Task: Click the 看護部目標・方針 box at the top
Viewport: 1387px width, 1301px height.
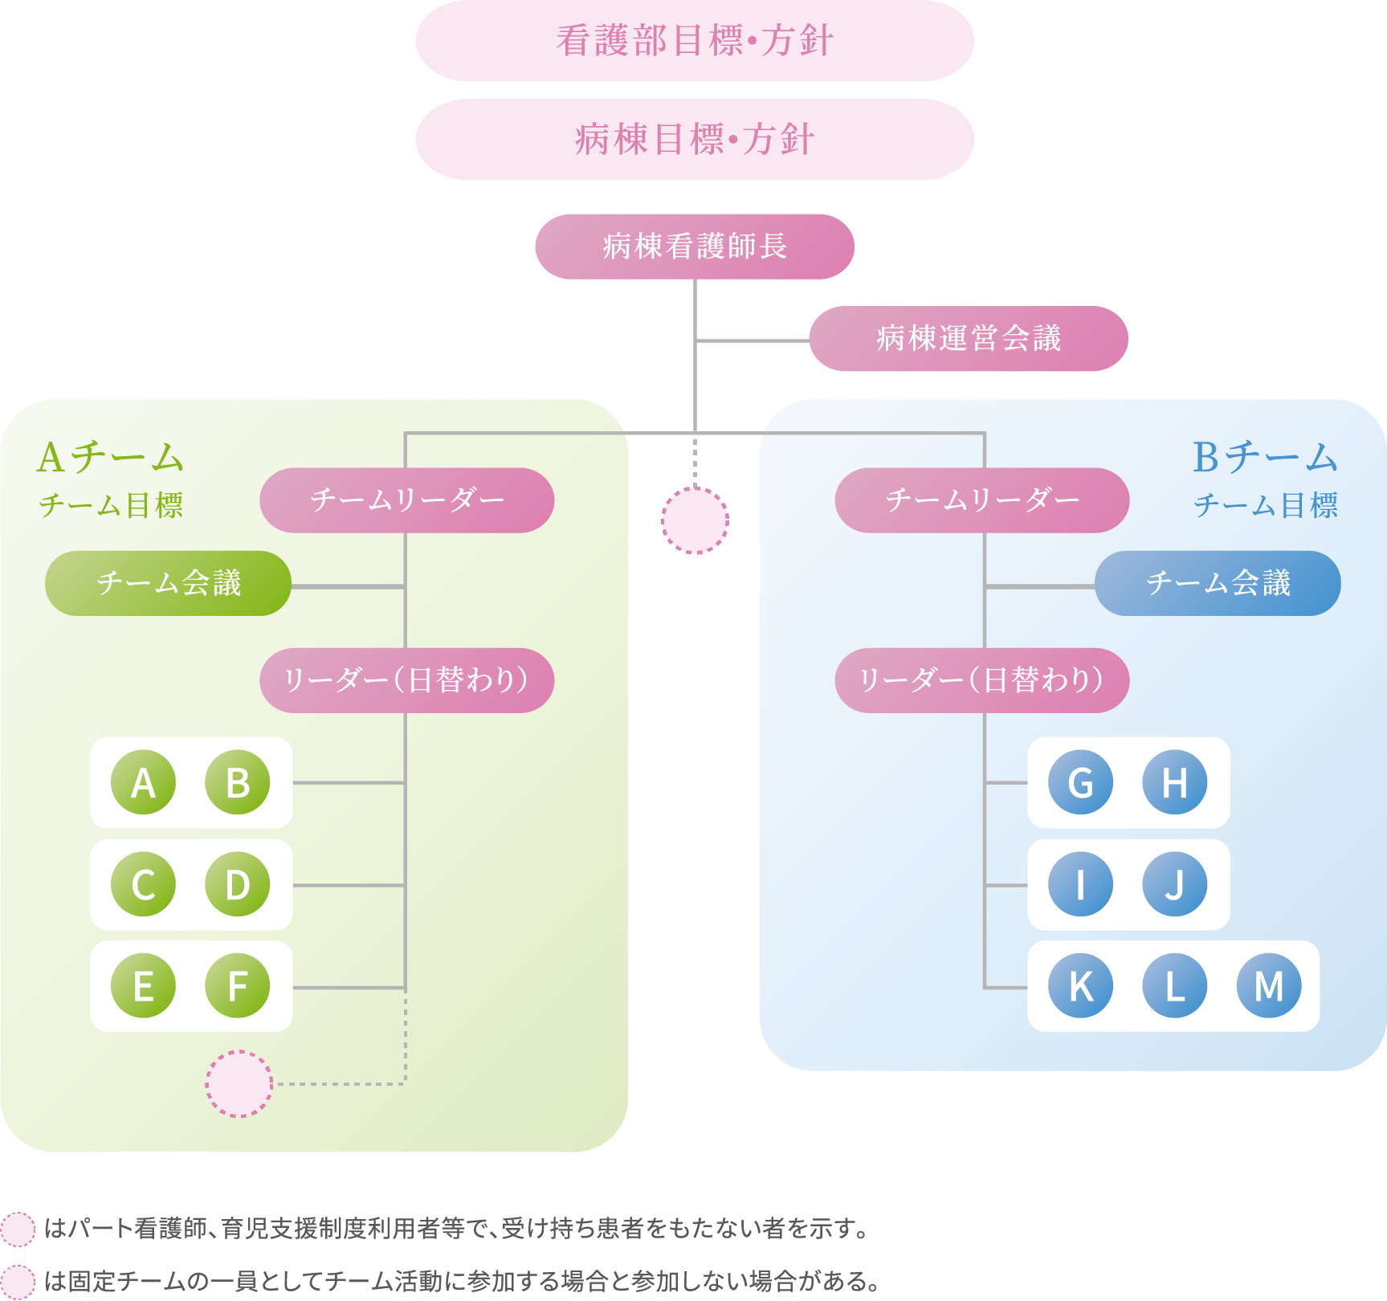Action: [695, 41]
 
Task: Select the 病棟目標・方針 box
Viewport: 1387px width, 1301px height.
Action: [695, 140]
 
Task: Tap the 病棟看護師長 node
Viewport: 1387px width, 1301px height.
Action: [695, 247]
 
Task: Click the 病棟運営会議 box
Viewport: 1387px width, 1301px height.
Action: [969, 339]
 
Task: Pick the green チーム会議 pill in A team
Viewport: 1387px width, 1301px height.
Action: [169, 583]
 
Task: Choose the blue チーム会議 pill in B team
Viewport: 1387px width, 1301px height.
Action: [1218, 583]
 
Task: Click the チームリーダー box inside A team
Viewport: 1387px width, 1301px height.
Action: [407, 500]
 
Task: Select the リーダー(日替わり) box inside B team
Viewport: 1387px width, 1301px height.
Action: [982, 680]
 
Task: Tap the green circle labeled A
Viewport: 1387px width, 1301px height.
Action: [143, 782]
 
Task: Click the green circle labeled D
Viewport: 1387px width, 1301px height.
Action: [238, 884]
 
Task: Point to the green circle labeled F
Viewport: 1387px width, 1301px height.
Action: [238, 986]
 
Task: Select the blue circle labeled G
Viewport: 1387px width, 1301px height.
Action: [1080, 782]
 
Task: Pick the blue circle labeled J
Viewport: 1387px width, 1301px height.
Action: [1175, 884]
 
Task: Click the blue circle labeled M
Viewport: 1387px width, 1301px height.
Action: [1269, 986]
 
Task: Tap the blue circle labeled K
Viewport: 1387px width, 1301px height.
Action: [1080, 986]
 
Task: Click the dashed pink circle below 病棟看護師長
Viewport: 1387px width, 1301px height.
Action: [695, 520]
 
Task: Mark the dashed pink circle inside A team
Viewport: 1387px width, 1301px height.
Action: [239, 1083]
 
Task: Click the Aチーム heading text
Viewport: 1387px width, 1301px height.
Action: [111, 458]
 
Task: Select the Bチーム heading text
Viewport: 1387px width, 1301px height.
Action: [1265, 458]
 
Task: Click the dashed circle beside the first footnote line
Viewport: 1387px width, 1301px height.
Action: [18, 1229]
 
